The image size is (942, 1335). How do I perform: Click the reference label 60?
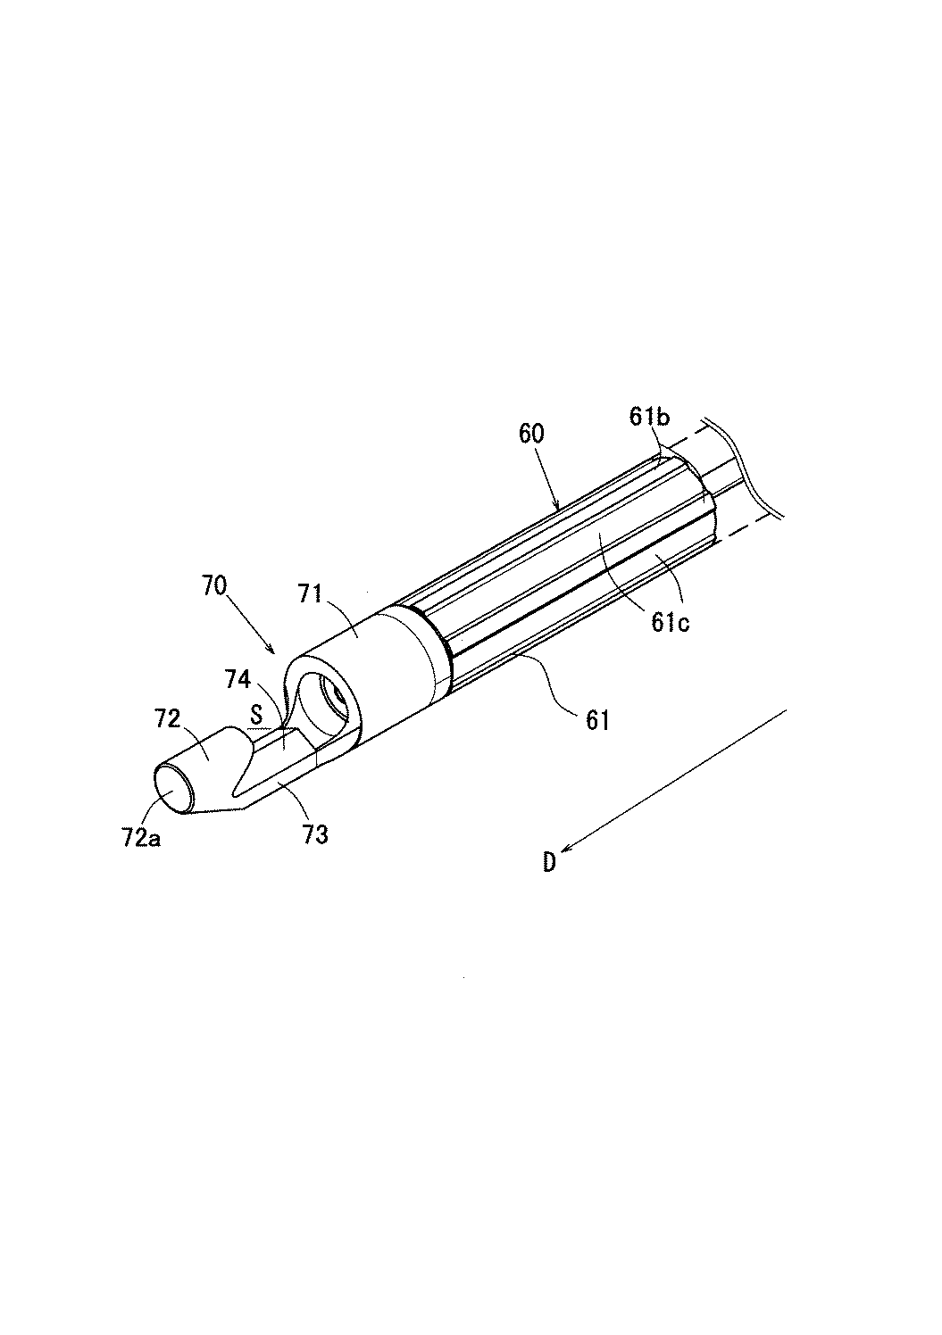[x=533, y=435]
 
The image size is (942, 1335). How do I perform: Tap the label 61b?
[x=648, y=417]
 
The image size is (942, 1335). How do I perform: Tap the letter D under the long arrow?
[x=549, y=862]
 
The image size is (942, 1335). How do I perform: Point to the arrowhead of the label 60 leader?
[x=561, y=508]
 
